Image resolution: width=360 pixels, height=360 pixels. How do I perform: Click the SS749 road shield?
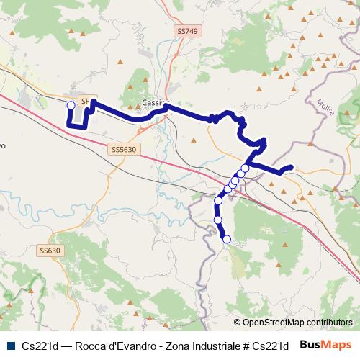coord(186,32)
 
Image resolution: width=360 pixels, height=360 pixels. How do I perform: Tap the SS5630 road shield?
coord(125,149)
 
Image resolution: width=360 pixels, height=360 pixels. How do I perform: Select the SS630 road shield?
coord(50,251)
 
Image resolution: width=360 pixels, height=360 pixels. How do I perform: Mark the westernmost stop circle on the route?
coord(71,106)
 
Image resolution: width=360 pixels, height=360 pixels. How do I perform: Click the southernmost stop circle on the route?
coord(227,239)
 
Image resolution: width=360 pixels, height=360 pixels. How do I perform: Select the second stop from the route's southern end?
coord(217,220)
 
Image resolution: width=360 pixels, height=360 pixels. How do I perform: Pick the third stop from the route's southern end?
coord(218,200)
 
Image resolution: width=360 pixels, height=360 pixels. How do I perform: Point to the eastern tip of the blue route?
coord(290,168)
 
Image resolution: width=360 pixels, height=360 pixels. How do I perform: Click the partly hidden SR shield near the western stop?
coord(84,102)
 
